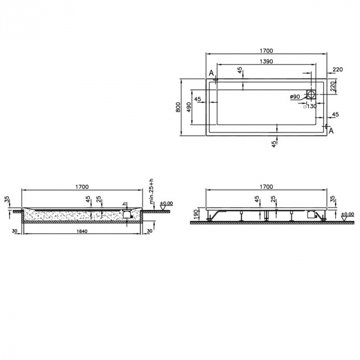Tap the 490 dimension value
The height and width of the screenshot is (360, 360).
point(189,107)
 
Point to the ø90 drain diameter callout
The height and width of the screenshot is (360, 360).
point(295,97)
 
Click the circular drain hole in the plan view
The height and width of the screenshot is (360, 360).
point(311,95)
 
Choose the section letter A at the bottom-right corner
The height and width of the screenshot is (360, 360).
point(331,131)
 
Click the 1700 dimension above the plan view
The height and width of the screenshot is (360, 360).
point(266,50)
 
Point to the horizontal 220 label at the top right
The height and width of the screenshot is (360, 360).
point(337,69)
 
